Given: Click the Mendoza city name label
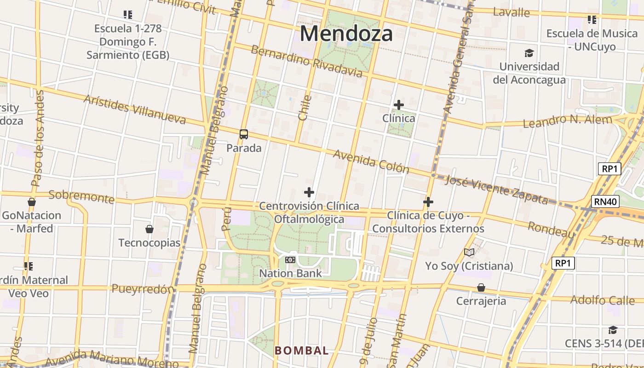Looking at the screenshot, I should tap(346, 34).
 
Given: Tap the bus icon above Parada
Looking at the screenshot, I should tap(244, 134).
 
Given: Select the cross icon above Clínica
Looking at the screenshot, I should tap(398, 105).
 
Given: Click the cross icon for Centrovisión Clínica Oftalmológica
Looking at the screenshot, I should tap(309, 192).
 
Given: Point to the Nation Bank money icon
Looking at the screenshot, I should tap(290, 260).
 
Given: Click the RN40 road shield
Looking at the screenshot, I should tap(605, 201).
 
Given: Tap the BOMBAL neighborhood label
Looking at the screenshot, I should tap(302, 351).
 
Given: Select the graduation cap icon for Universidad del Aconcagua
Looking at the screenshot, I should tap(529, 53).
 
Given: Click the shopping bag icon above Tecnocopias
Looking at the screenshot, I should tap(149, 229).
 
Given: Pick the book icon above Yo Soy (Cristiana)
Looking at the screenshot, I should tap(469, 253).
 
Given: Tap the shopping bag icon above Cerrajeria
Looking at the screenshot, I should tap(481, 287).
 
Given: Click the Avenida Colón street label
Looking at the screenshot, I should tap(371, 161).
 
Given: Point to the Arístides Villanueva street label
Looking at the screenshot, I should tap(135, 109).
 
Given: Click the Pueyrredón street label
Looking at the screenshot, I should tap(143, 289).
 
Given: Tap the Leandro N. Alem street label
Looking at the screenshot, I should tap(568, 121).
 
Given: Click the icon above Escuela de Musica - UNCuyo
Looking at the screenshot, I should tap(592, 20).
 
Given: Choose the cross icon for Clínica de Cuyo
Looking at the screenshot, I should tap(428, 202).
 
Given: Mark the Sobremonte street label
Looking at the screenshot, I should tap(81, 196).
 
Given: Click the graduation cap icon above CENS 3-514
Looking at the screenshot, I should tap(613, 330).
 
